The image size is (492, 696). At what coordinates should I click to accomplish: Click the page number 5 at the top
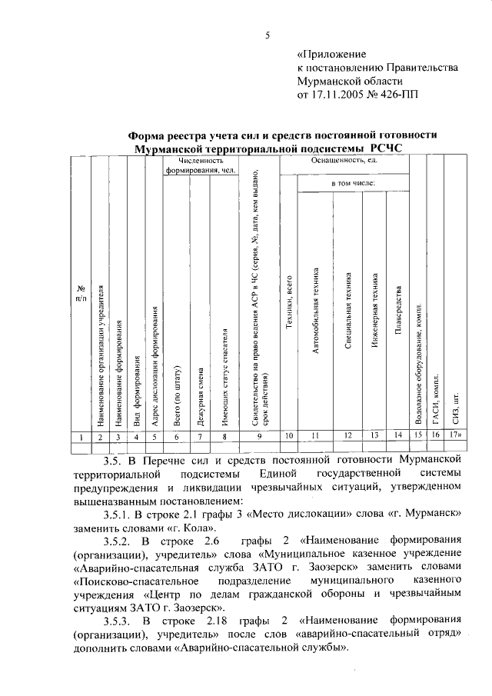coord(266,35)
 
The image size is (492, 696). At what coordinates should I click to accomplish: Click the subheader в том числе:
coord(353,185)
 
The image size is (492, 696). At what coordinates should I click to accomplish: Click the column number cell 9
coord(259,436)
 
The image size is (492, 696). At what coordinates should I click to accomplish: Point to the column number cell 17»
coord(456,436)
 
